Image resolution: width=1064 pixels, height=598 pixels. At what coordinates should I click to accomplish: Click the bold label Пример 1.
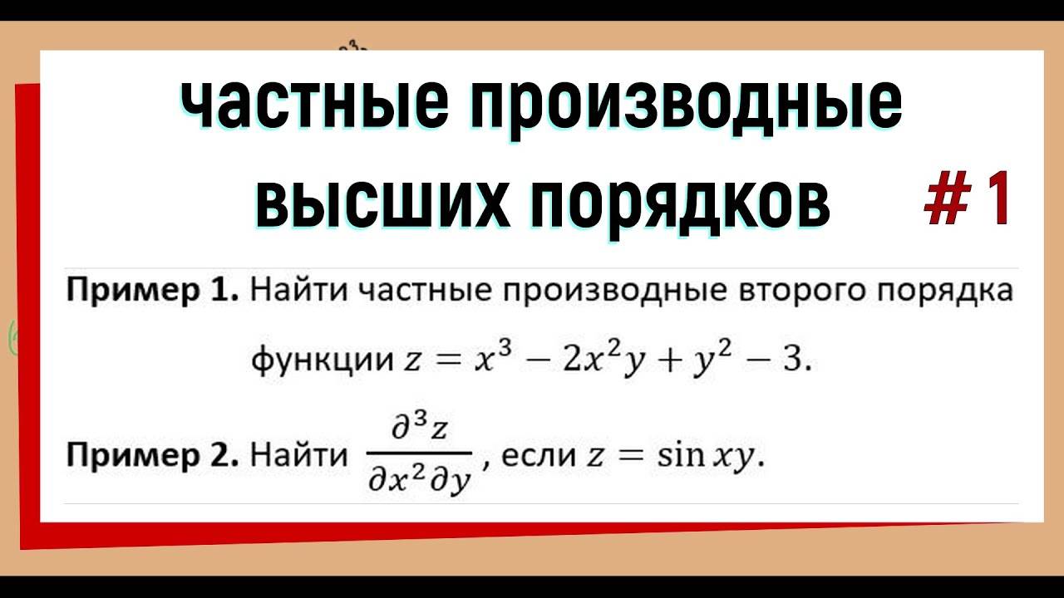coord(153,292)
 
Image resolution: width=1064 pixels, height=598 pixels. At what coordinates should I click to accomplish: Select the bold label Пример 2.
coord(153,456)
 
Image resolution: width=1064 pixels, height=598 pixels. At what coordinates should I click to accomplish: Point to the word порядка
coord(946,292)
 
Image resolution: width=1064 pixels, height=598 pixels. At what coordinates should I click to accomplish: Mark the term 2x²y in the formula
coord(588,360)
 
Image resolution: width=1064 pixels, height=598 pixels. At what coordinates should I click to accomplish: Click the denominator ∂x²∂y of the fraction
coord(419,480)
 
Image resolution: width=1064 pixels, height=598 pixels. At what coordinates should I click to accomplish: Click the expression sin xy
coord(703,456)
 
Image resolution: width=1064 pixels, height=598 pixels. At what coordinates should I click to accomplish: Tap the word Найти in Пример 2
coord(299,456)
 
